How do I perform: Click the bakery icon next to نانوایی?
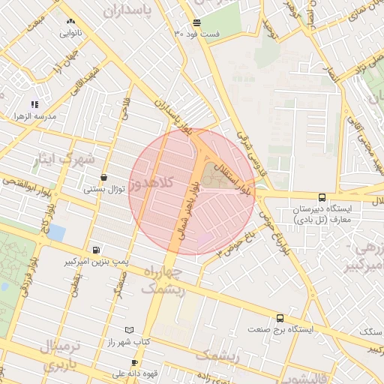pos(70,21)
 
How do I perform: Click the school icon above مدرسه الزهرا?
pos(34,104)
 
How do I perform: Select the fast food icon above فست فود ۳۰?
pos(196,22)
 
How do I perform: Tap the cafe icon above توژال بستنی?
pos(103,177)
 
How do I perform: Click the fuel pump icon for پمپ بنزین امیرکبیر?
pos(95,250)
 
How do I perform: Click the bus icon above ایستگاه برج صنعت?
pos(280,318)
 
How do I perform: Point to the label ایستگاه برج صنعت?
pos(282,329)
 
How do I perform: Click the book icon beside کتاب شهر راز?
pos(130,330)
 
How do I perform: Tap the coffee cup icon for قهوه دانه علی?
pos(135,362)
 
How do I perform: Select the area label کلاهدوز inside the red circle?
pos(151,184)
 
